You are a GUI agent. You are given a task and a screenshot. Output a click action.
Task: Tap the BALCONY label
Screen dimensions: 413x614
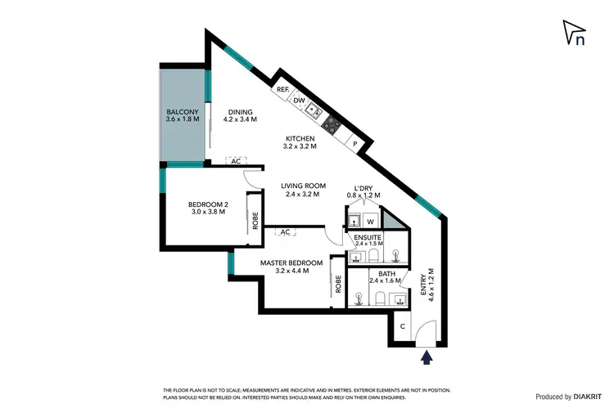(181, 112)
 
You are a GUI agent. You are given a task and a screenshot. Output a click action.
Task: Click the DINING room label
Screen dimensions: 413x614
(240, 112)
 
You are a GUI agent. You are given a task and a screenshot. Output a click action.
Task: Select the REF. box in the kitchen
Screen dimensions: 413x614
(282, 89)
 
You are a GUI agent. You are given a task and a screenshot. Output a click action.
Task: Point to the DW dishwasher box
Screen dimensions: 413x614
(299, 101)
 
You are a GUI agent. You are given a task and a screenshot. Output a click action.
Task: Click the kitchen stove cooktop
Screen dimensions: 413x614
(331, 124)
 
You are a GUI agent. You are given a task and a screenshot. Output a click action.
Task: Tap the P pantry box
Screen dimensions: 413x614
(354, 143)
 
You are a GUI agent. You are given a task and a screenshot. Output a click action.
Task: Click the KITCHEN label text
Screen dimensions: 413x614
(300, 138)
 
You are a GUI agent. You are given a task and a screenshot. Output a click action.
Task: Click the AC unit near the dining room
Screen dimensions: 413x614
(236, 161)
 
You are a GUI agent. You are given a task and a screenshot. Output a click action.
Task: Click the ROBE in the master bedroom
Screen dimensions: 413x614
(337, 284)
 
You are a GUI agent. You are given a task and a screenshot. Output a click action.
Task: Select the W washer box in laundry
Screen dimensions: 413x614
(370, 221)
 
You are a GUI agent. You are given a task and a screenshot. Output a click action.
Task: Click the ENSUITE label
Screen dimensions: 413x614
(368, 237)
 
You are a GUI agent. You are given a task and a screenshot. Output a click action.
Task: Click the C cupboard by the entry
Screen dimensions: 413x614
(402, 326)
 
